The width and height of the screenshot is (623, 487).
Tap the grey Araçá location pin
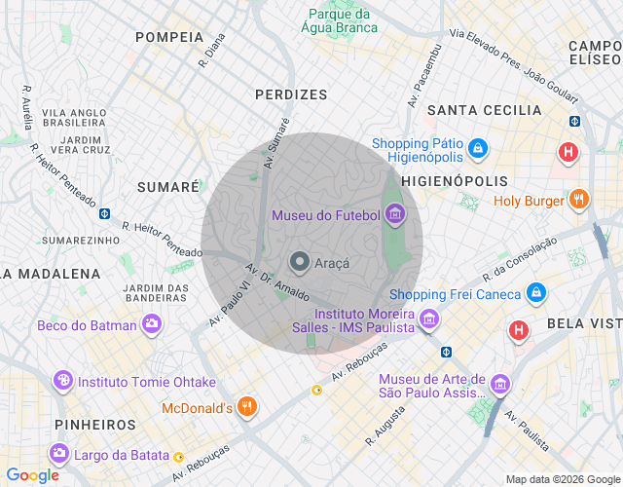click(x=300, y=262)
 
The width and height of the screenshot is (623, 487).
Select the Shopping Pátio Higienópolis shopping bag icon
click(x=477, y=148)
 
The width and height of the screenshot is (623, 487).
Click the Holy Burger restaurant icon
click(x=578, y=201)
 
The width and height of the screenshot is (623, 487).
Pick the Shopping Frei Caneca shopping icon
click(x=535, y=292)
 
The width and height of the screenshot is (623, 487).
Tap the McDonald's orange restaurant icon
click(x=247, y=407)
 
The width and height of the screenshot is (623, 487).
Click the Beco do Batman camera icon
click(x=151, y=325)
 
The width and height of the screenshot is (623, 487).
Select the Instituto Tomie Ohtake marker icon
click(x=63, y=381)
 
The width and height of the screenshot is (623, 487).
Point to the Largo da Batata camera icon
click(x=59, y=453)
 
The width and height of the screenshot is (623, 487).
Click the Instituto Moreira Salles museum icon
click(x=428, y=318)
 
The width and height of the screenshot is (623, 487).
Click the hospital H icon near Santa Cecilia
click(x=568, y=152)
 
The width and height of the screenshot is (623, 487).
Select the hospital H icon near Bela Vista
click(x=519, y=331)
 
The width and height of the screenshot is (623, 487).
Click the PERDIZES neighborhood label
click(x=291, y=94)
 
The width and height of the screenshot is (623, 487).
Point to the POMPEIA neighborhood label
click(x=169, y=37)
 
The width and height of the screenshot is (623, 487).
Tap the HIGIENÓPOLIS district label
click(x=455, y=181)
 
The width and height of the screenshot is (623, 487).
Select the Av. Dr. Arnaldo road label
click(x=278, y=281)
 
